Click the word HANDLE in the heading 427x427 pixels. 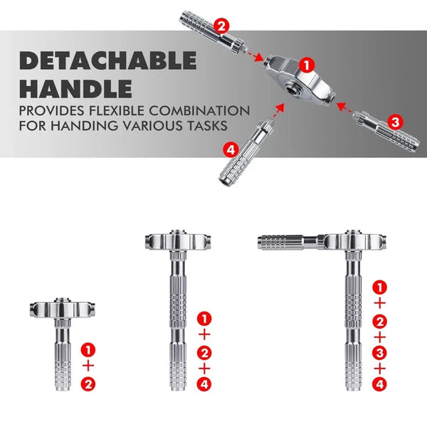click(75, 88)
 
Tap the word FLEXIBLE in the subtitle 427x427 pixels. click(120, 111)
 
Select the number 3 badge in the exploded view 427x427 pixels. click(396, 121)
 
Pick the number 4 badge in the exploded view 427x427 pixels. click(229, 150)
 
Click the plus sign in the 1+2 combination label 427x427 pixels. click(88, 366)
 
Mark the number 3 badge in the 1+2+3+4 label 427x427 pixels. click(380, 352)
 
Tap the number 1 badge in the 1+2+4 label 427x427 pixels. click(204, 317)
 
